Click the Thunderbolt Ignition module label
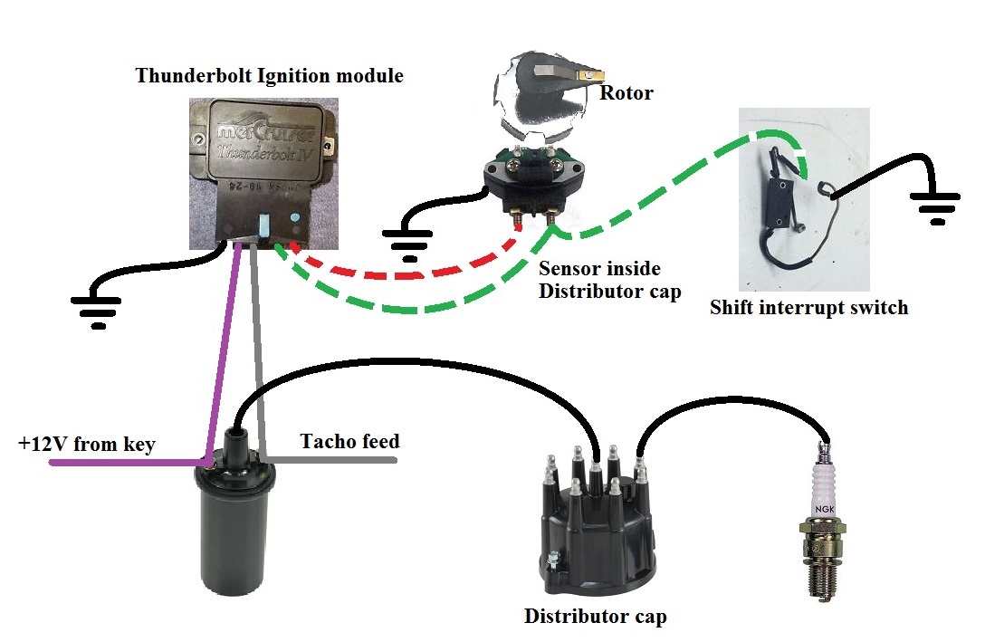(269, 75)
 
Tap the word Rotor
(626, 92)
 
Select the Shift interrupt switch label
(808, 308)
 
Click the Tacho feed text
(349, 442)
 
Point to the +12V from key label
(87, 444)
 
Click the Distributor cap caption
(595, 618)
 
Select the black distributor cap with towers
(594, 525)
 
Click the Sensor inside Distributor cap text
(608, 281)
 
